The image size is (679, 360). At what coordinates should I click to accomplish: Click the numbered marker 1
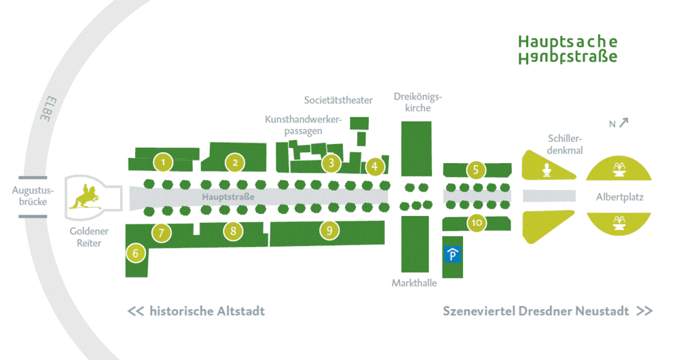[163, 162]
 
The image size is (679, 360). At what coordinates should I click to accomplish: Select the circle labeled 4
[375, 166]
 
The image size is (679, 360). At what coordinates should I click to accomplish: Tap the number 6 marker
[136, 253]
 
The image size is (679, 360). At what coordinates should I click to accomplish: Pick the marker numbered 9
[329, 230]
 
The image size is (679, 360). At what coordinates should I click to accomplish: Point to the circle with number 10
[477, 223]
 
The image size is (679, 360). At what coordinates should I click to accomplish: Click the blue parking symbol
[452, 254]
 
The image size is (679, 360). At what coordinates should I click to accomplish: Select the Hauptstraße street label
[228, 197]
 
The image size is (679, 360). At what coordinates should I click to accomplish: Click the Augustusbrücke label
[33, 196]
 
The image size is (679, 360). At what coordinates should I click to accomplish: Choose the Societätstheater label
[338, 100]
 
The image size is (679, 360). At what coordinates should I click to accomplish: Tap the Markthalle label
[414, 283]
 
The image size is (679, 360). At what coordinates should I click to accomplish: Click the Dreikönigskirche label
[418, 103]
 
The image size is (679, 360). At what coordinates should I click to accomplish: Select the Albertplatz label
[620, 197]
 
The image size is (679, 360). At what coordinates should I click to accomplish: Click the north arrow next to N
[623, 123]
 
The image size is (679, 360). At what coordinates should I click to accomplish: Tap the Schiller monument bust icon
[547, 170]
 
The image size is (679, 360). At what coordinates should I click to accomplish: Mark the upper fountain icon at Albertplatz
[619, 169]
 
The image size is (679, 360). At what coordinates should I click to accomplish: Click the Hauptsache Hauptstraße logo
[568, 50]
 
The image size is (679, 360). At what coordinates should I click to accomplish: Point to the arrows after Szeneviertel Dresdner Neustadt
[644, 311]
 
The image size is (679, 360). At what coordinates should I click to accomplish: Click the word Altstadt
[241, 311]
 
